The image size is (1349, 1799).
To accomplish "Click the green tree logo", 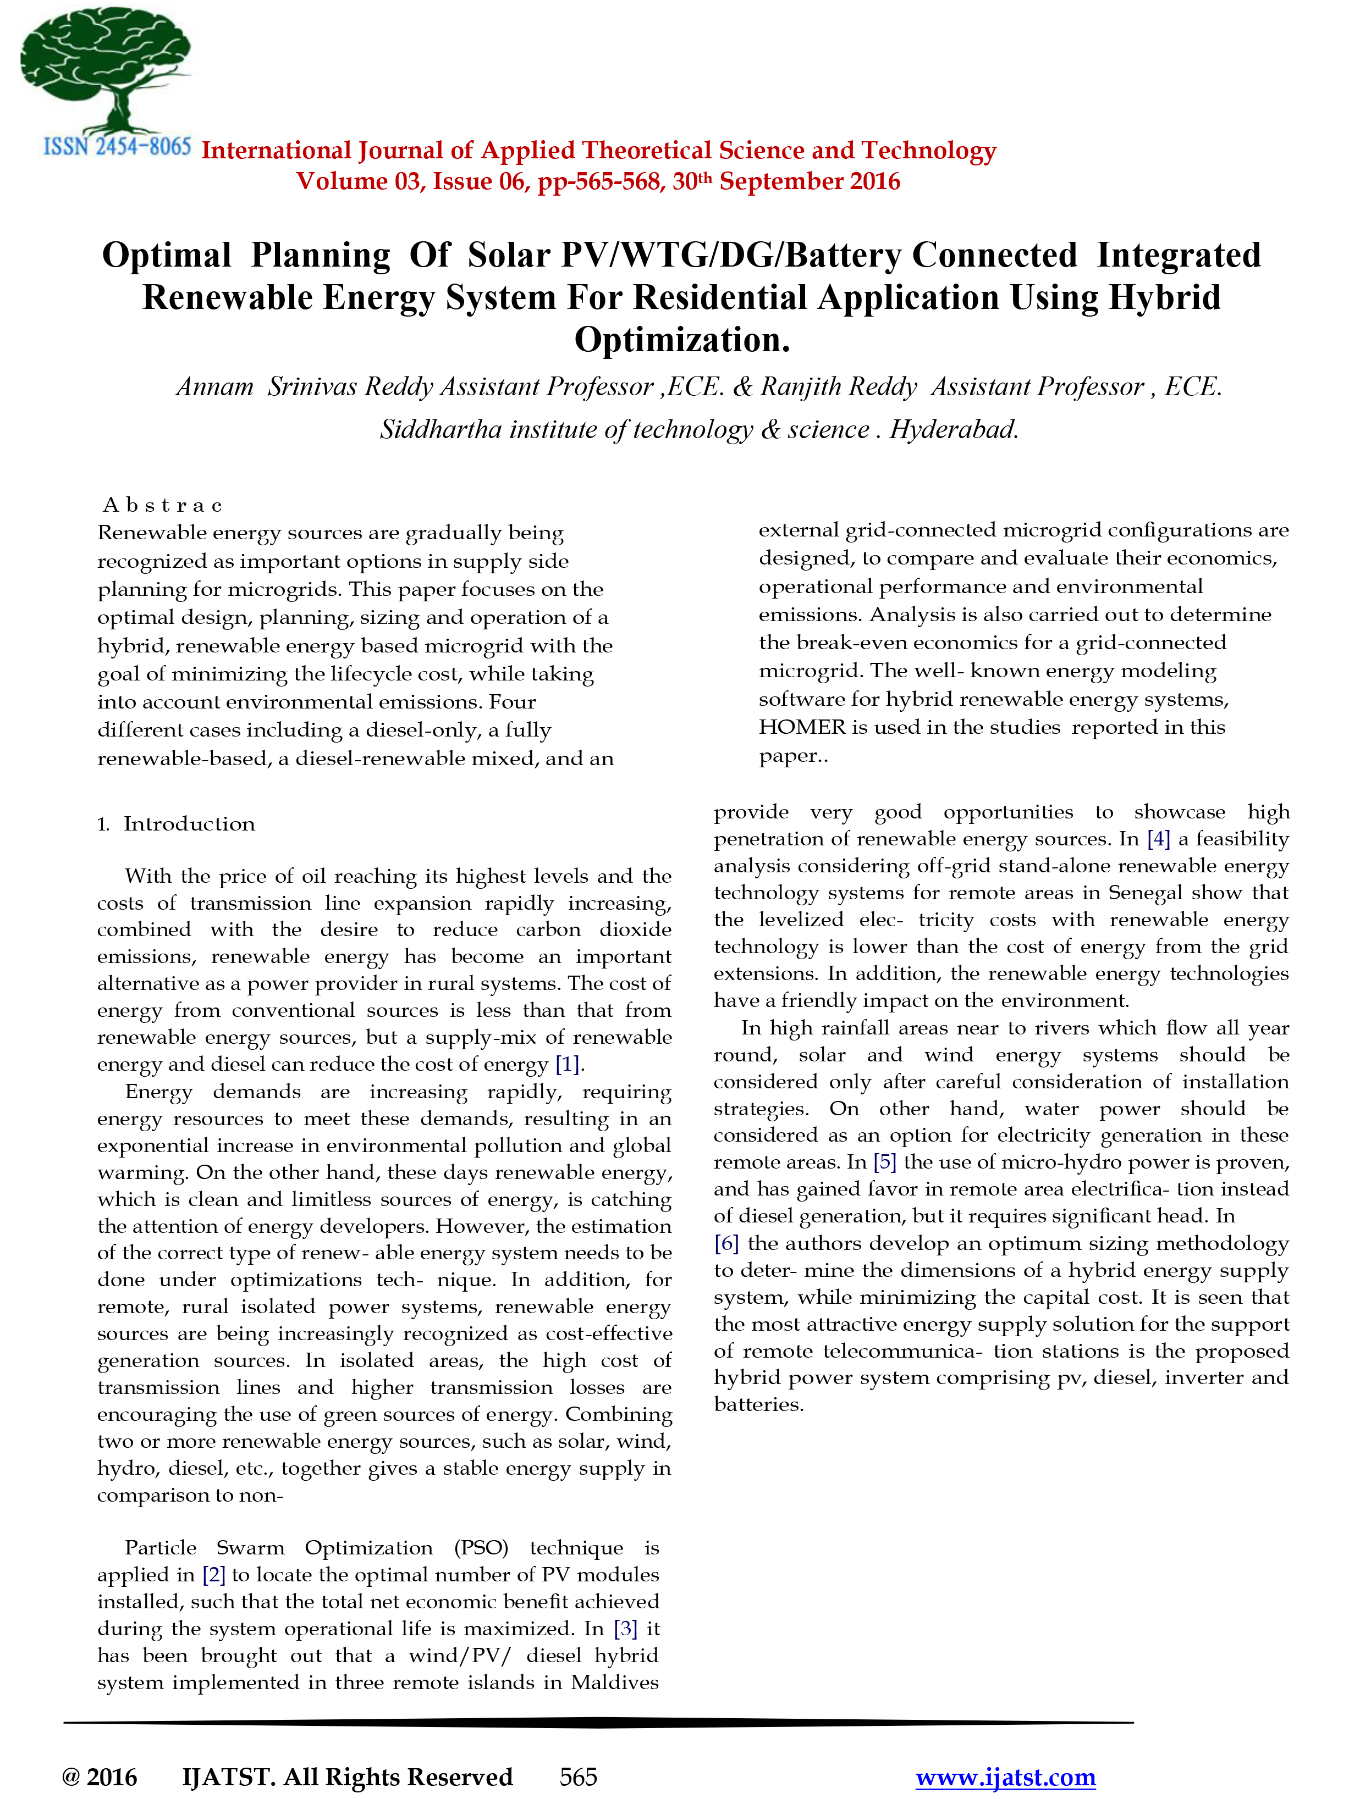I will click(x=106, y=69).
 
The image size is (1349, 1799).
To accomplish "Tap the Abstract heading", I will click(x=163, y=506).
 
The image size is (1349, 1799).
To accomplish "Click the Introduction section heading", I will click(x=189, y=824).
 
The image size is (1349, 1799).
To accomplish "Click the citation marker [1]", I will click(x=567, y=1064).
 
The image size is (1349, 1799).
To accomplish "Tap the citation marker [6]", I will click(x=726, y=1243).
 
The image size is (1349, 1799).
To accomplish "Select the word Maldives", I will click(x=614, y=1682).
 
